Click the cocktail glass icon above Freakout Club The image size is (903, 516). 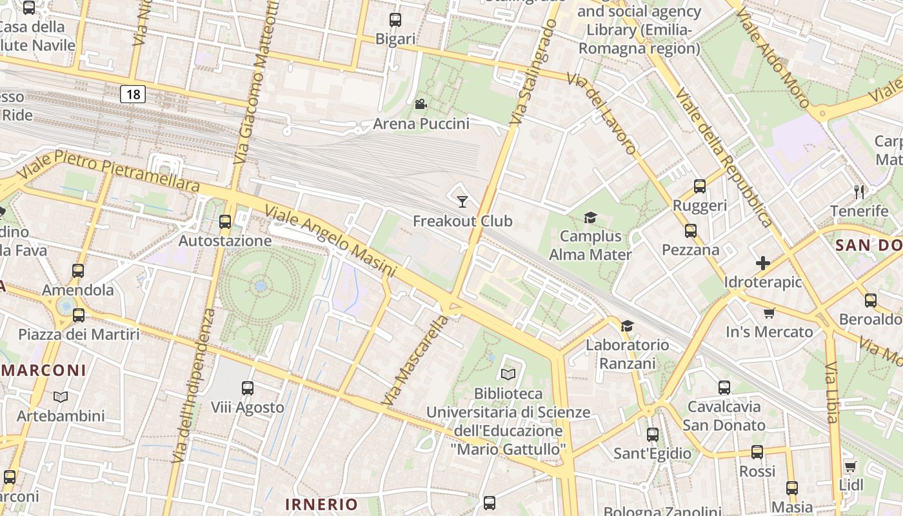(462, 202)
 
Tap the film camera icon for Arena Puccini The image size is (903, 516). (421, 104)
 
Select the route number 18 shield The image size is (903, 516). (133, 95)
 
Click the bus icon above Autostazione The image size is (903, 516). (225, 222)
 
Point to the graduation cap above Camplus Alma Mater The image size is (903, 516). (590, 217)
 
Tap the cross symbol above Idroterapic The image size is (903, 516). (763, 263)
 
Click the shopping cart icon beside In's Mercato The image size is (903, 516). (769, 313)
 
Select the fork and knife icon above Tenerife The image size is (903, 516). (858, 192)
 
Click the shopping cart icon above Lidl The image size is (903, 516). (850, 466)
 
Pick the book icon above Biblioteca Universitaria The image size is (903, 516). (508, 374)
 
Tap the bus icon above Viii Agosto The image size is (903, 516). (248, 388)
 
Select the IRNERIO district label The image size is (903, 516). (321, 504)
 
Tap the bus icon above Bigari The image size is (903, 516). (395, 20)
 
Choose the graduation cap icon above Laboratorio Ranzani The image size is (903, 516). (627, 326)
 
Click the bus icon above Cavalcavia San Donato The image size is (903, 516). (724, 388)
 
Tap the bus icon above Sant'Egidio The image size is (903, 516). (653, 435)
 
